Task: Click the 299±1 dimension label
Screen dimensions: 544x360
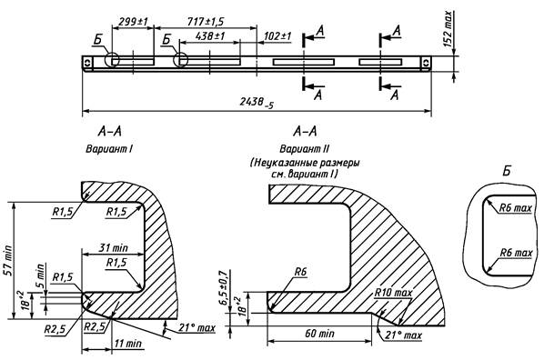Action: [133, 22]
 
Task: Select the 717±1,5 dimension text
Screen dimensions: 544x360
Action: [206, 22]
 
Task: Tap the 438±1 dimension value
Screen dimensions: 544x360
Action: [210, 35]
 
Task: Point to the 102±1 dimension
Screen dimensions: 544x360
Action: [277, 35]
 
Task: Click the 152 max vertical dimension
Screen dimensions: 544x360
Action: [448, 29]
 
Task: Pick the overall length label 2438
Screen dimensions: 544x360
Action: [257, 102]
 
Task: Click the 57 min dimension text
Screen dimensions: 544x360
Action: [7, 261]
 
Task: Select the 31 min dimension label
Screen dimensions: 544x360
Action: [114, 248]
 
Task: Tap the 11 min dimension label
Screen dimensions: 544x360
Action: [128, 344]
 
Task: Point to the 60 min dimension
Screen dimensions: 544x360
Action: [320, 334]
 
